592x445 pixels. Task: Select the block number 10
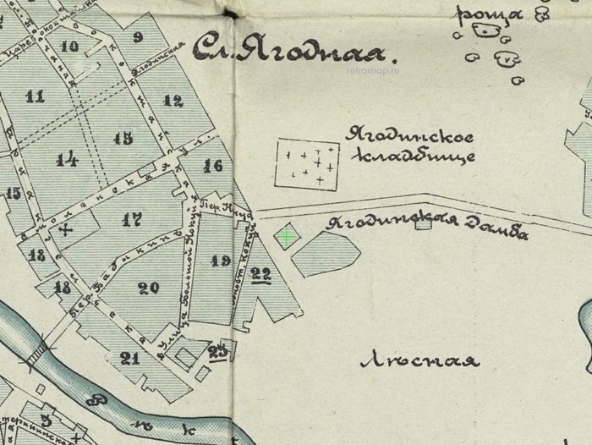(x=69, y=47)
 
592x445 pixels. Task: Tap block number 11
(x=35, y=96)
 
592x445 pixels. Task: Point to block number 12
(x=173, y=102)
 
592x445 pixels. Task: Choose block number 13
(x=123, y=138)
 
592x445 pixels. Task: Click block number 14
(x=68, y=158)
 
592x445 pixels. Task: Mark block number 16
(x=213, y=166)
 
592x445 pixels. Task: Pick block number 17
(x=131, y=221)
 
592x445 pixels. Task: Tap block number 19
(x=221, y=261)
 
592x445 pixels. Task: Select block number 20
(x=149, y=288)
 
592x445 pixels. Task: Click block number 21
(x=129, y=358)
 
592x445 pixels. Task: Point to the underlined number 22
(x=260, y=273)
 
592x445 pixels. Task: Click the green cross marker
(x=288, y=237)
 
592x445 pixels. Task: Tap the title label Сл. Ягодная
(x=289, y=51)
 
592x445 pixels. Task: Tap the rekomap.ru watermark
(x=372, y=71)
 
